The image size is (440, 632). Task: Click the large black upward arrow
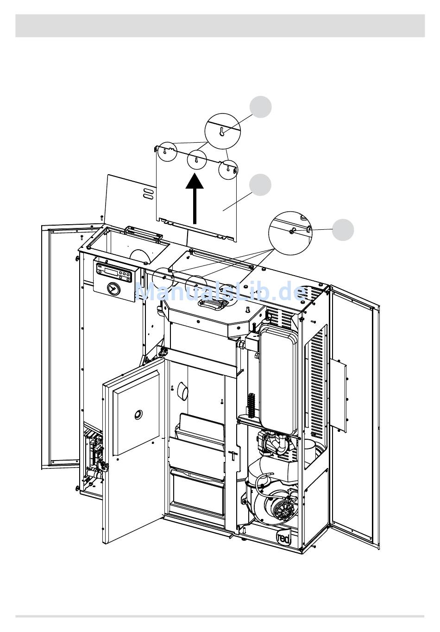tap(195, 199)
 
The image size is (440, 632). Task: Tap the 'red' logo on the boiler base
tap(283, 538)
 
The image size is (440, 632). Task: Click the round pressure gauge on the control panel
tap(113, 290)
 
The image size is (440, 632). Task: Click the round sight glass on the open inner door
tap(138, 414)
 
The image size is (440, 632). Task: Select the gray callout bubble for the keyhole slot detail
tap(260, 107)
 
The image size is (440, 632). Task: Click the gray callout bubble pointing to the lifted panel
tap(260, 185)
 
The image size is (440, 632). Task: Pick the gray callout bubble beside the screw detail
tap(343, 229)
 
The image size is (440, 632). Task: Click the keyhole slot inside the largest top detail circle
tap(223, 132)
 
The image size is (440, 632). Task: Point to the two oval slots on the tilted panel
tap(146, 194)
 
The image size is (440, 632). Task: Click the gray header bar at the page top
tap(220, 25)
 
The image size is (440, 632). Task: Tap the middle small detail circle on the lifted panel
tap(196, 160)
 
